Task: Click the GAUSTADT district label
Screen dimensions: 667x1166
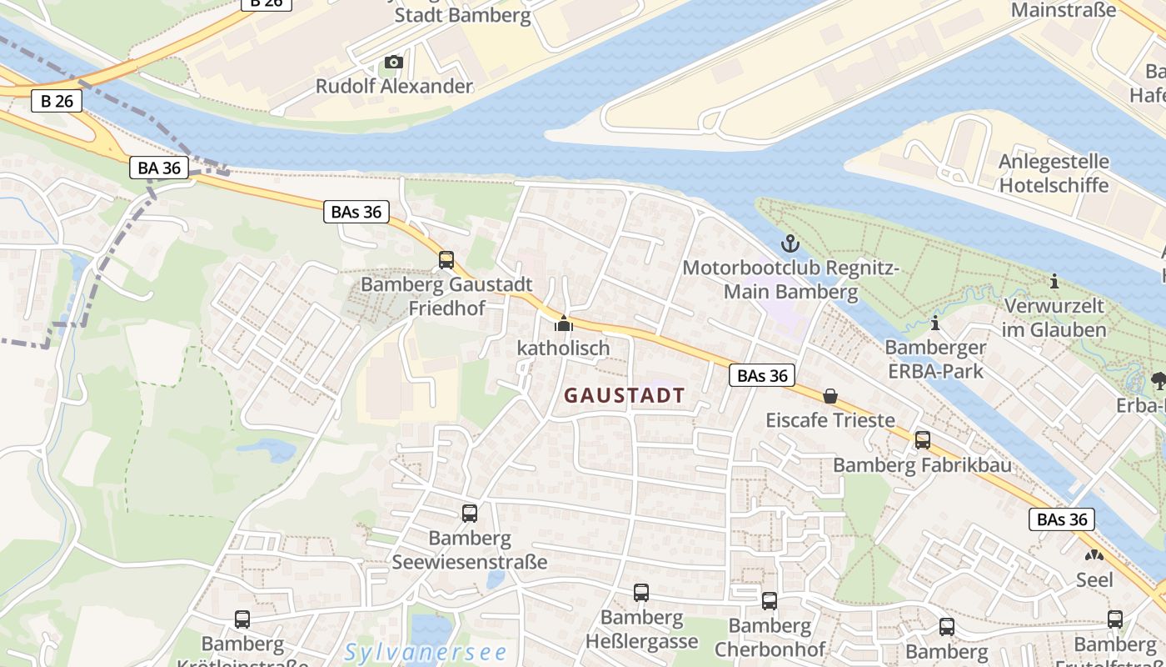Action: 625,396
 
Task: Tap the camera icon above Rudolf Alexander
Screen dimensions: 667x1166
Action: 394,63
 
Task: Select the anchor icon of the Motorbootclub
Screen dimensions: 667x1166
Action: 789,243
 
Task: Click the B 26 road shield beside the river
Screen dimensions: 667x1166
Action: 57,102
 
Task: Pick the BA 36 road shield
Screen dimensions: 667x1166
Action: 159,168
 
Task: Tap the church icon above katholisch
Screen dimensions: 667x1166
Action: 564,323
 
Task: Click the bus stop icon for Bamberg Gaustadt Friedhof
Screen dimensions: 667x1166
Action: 446,260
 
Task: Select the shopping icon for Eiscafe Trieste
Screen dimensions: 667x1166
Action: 830,396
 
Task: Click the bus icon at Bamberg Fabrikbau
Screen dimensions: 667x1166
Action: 923,440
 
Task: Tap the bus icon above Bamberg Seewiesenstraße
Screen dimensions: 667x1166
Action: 470,514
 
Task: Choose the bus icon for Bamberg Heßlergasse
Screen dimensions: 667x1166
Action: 640,593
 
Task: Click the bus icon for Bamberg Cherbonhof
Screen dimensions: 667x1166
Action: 770,600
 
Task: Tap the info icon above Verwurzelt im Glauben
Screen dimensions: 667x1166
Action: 1054,282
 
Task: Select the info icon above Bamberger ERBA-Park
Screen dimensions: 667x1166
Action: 935,323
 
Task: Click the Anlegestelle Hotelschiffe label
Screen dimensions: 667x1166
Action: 1054,173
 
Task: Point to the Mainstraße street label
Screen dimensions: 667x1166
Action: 1063,10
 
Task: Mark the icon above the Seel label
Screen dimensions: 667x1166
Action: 1094,555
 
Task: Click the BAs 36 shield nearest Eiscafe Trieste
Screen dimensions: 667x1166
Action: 762,375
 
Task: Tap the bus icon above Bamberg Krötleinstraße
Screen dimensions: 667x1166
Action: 242,619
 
